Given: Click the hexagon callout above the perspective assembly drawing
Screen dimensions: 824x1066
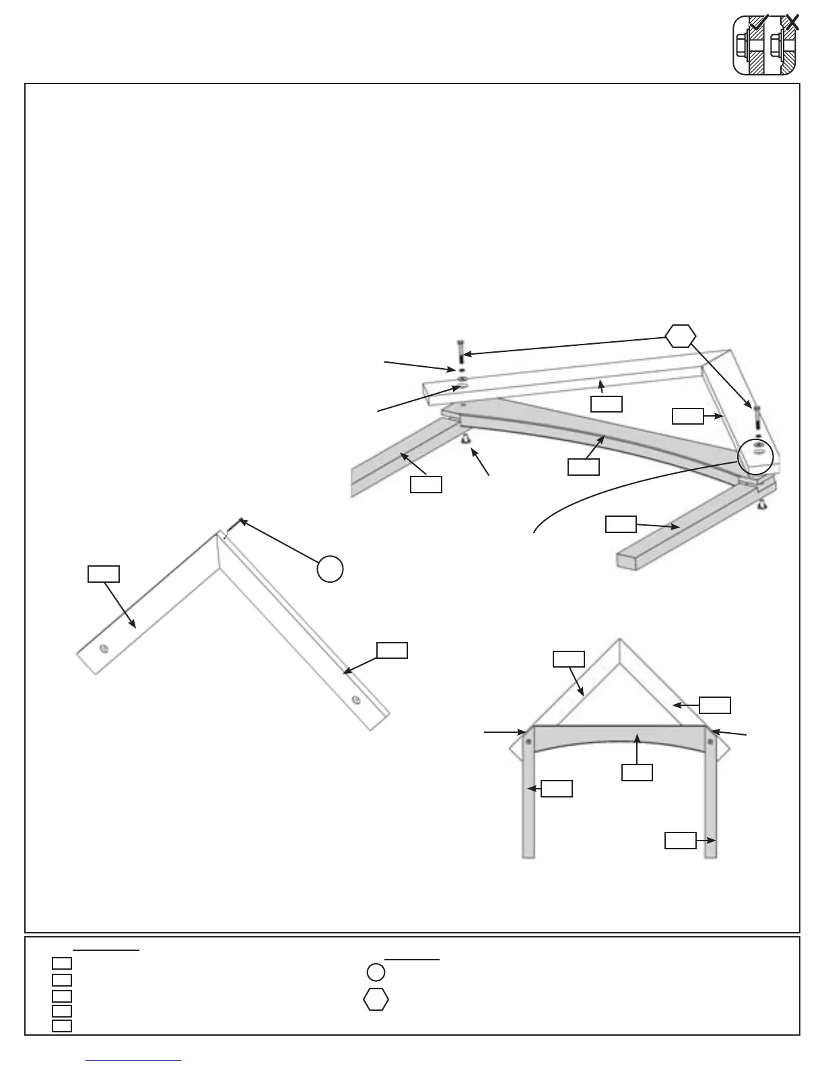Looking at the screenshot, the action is (x=681, y=335).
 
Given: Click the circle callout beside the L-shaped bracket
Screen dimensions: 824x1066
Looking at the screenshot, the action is (x=330, y=569).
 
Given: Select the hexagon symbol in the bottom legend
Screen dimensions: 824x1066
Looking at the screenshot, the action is (x=376, y=1000).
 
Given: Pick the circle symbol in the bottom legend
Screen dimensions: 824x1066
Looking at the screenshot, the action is (x=376, y=972).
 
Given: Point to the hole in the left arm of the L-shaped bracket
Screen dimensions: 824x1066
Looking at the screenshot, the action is (x=103, y=648).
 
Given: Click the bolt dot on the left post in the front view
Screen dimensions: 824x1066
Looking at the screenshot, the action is (x=528, y=742).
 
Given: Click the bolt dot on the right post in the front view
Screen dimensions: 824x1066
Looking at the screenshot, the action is (x=710, y=742).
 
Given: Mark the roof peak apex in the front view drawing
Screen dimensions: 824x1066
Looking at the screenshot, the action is (x=619, y=639).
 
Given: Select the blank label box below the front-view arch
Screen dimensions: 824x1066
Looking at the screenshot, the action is (x=636, y=772).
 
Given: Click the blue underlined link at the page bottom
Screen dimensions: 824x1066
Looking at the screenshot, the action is (x=134, y=1060).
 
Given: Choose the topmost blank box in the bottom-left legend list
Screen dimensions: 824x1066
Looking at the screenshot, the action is (x=62, y=963).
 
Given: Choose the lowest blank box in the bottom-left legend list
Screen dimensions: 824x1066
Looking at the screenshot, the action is (x=62, y=1026).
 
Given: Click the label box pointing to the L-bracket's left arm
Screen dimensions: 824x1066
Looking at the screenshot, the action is (x=104, y=574).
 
